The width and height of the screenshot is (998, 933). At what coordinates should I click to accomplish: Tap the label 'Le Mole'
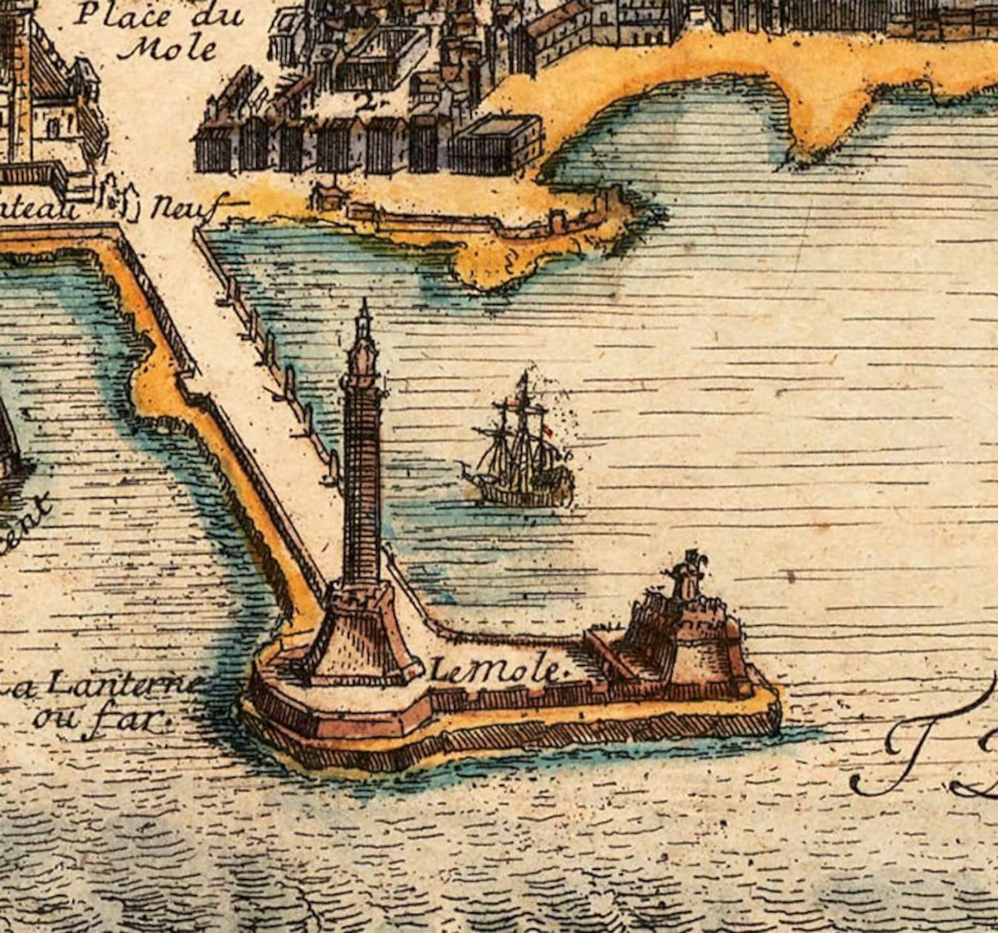point(497,672)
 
